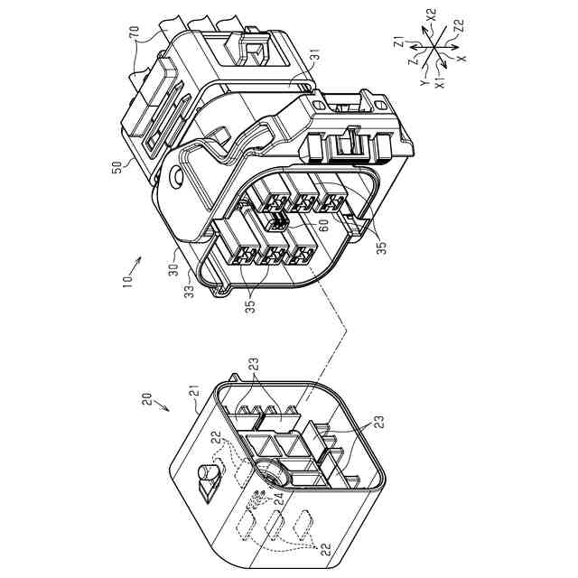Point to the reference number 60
point(323,226)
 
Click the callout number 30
point(173,269)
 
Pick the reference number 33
point(189,292)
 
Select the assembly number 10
point(127,281)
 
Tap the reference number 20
point(147,399)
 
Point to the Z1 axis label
point(399,42)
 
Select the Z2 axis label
point(460,26)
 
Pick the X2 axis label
point(432,15)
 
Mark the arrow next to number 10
point(135,265)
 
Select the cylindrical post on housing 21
point(208,473)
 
